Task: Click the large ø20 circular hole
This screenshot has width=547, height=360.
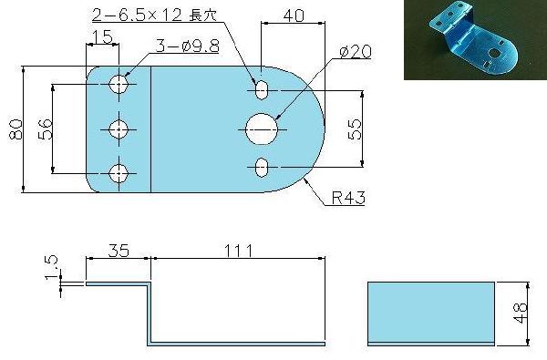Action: coord(262,129)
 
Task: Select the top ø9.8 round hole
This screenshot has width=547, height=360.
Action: coord(119,84)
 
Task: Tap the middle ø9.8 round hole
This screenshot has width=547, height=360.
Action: coord(119,129)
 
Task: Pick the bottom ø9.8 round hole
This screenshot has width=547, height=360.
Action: coord(119,173)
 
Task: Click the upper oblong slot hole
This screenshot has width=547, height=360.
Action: coord(262,90)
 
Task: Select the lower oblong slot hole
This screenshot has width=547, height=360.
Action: coord(262,167)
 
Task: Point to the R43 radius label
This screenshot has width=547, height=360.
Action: coord(348,198)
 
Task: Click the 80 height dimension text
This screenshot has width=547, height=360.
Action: coord(15,129)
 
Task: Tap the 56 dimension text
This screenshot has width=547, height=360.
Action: coord(45,129)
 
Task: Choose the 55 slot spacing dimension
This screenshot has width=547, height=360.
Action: coord(355,129)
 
